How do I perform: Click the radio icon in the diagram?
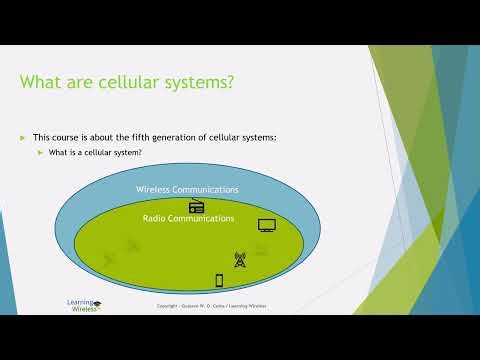pyautogui.click(x=196, y=207)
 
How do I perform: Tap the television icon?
pyautogui.click(x=266, y=225)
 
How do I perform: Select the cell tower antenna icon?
pyautogui.click(x=240, y=259)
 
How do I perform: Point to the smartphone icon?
pyautogui.click(x=219, y=281)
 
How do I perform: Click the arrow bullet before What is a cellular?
pyautogui.click(x=40, y=152)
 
